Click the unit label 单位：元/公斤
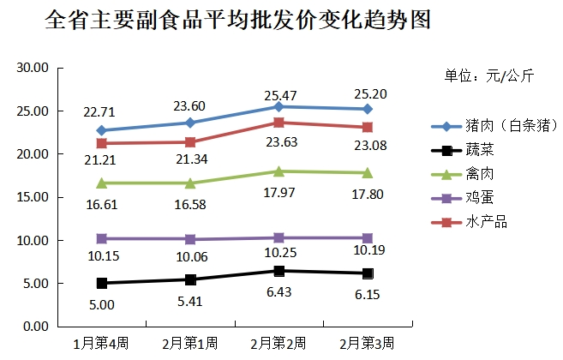click(x=488, y=76)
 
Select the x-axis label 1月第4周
click(x=101, y=343)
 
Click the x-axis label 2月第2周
click(x=279, y=343)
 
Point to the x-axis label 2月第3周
click(x=367, y=343)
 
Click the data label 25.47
click(x=279, y=91)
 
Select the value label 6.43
click(x=279, y=292)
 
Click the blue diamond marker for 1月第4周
click(x=101, y=130)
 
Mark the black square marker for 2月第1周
click(x=190, y=279)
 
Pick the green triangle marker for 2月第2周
click(x=279, y=171)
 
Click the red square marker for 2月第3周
click(x=368, y=127)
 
